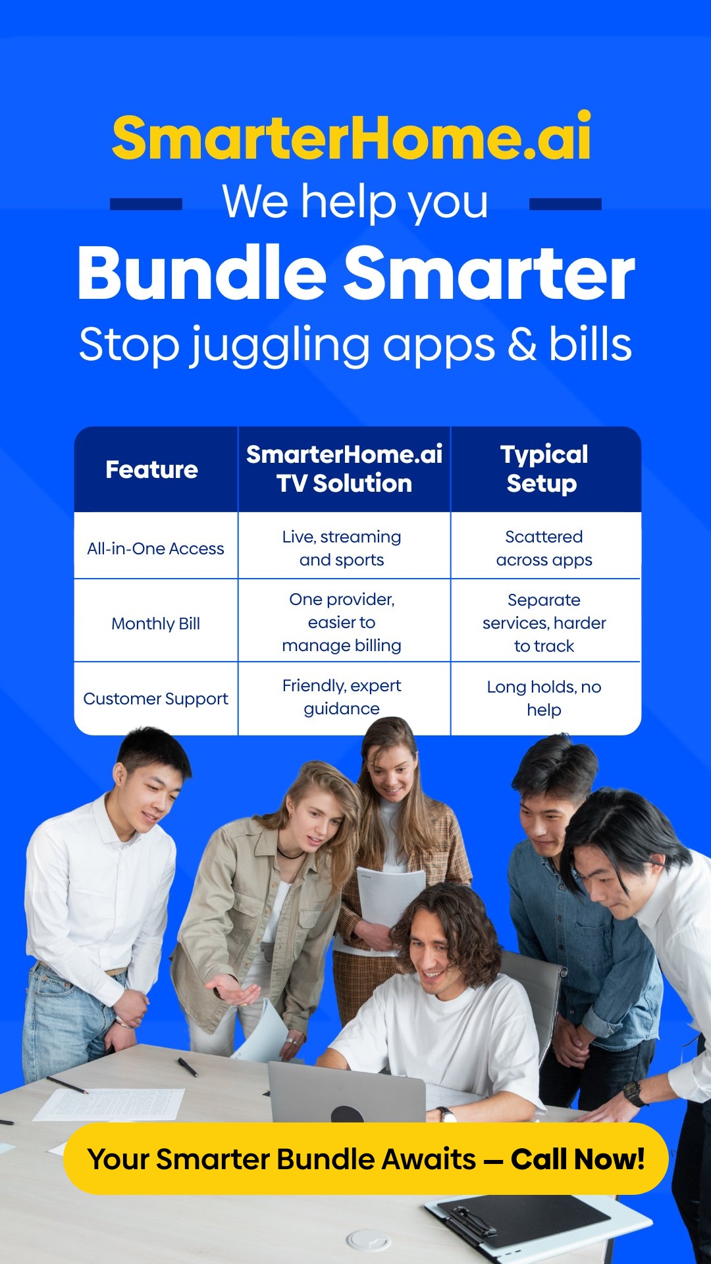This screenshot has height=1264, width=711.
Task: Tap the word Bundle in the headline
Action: point(202,273)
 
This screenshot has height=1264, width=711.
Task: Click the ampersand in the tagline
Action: point(522,344)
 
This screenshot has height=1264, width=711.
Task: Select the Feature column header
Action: point(152,469)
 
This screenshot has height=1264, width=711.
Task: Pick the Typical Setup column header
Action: point(544,469)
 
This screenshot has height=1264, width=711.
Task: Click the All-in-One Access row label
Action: point(155,548)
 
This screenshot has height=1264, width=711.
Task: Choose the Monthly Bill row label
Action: point(155,623)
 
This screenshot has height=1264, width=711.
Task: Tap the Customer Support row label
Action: point(155,698)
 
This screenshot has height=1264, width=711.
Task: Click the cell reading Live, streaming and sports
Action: point(342,548)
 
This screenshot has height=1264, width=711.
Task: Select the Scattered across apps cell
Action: point(544,548)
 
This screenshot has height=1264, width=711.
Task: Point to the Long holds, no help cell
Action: point(544,698)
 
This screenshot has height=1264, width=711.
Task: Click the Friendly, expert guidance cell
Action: point(342,697)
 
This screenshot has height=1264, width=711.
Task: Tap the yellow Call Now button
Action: point(366,1159)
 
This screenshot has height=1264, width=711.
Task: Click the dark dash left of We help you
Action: point(146,204)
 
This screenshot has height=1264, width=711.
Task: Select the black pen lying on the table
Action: point(188,1067)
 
